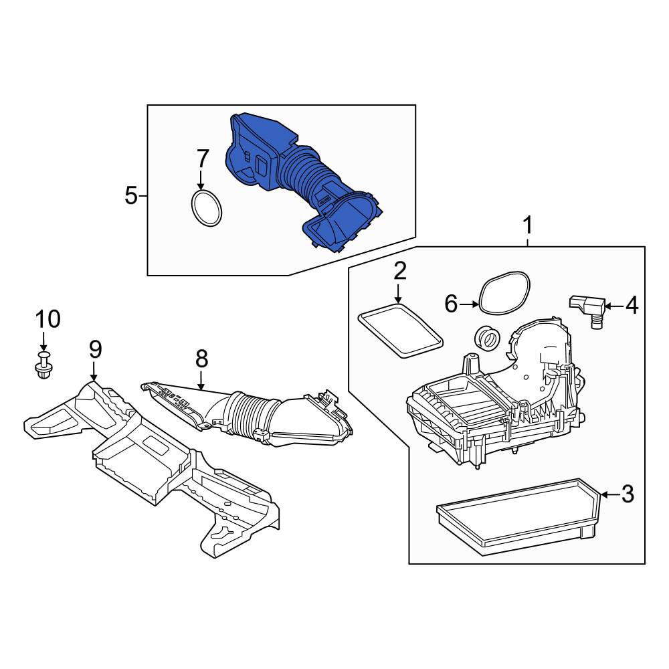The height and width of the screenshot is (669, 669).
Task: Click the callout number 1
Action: (x=528, y=225)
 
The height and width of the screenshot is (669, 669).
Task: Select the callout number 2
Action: (x=400, y=272)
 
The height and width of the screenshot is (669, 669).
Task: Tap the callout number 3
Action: (x=628, y=494)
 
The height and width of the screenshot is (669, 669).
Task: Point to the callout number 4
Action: (x=632, y=306)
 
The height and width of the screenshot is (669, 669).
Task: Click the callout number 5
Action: (x=131, y=196)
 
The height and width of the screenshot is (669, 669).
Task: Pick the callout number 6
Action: (x=451, y=304)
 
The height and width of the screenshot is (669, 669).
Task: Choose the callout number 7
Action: (x=202, y=159)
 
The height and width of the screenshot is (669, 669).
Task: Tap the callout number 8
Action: (x=202, y=359)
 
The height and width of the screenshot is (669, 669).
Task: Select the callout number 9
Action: (x=95, y=350)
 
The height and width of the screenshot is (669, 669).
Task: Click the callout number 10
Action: (x=47, y=319)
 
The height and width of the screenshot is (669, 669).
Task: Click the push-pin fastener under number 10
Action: (x=43, y=365)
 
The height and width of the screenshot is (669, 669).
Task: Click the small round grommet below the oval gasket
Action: (x=487, y=338)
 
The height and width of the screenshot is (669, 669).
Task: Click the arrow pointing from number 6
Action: (x=470, y=304)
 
